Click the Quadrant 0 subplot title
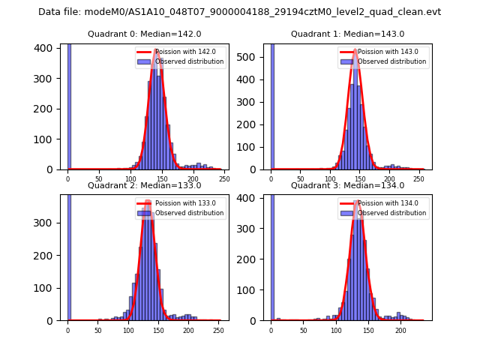[x=144, y=34]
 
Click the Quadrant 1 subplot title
[x=347, y=34]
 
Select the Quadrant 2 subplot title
[x=144, y=185]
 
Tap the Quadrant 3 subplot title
[x=347, y=185]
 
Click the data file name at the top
[x=239, y=12]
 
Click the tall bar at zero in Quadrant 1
[x=271, y=105]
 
